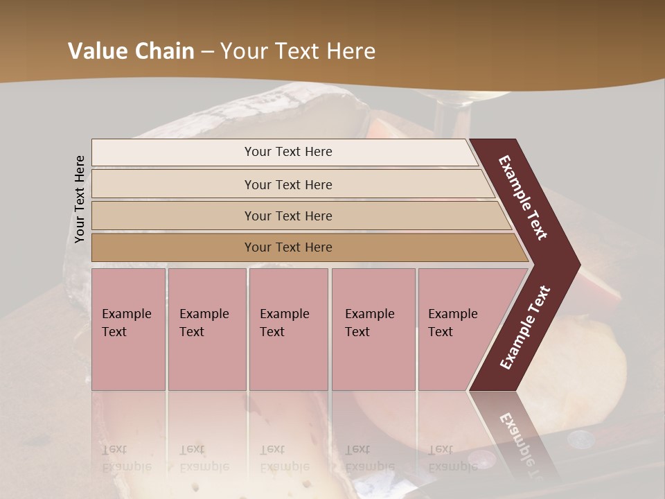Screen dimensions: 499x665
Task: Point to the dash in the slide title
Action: [x=207, y=52]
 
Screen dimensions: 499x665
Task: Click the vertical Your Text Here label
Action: [x=80, y=200]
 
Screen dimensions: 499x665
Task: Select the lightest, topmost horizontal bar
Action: [x=284, y=152]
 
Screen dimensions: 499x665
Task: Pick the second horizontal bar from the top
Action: [x=291, y=184]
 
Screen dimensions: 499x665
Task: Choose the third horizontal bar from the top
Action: [x=298, y=216]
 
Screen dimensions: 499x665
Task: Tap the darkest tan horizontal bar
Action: [x=305, y=247]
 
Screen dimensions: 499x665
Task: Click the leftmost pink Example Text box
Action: [x=128, y=329]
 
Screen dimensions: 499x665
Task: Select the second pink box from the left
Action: [x=206, y=329]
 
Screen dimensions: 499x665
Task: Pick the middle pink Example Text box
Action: [x=288, y=329]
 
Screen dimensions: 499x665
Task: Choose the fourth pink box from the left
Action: [x=373, y=329]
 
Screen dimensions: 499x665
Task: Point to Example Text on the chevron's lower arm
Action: [x=524, y=327]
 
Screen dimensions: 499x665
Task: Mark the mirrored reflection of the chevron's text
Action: [x=521, y=444]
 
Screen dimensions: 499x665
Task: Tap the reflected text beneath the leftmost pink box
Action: [x=126, y=458]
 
